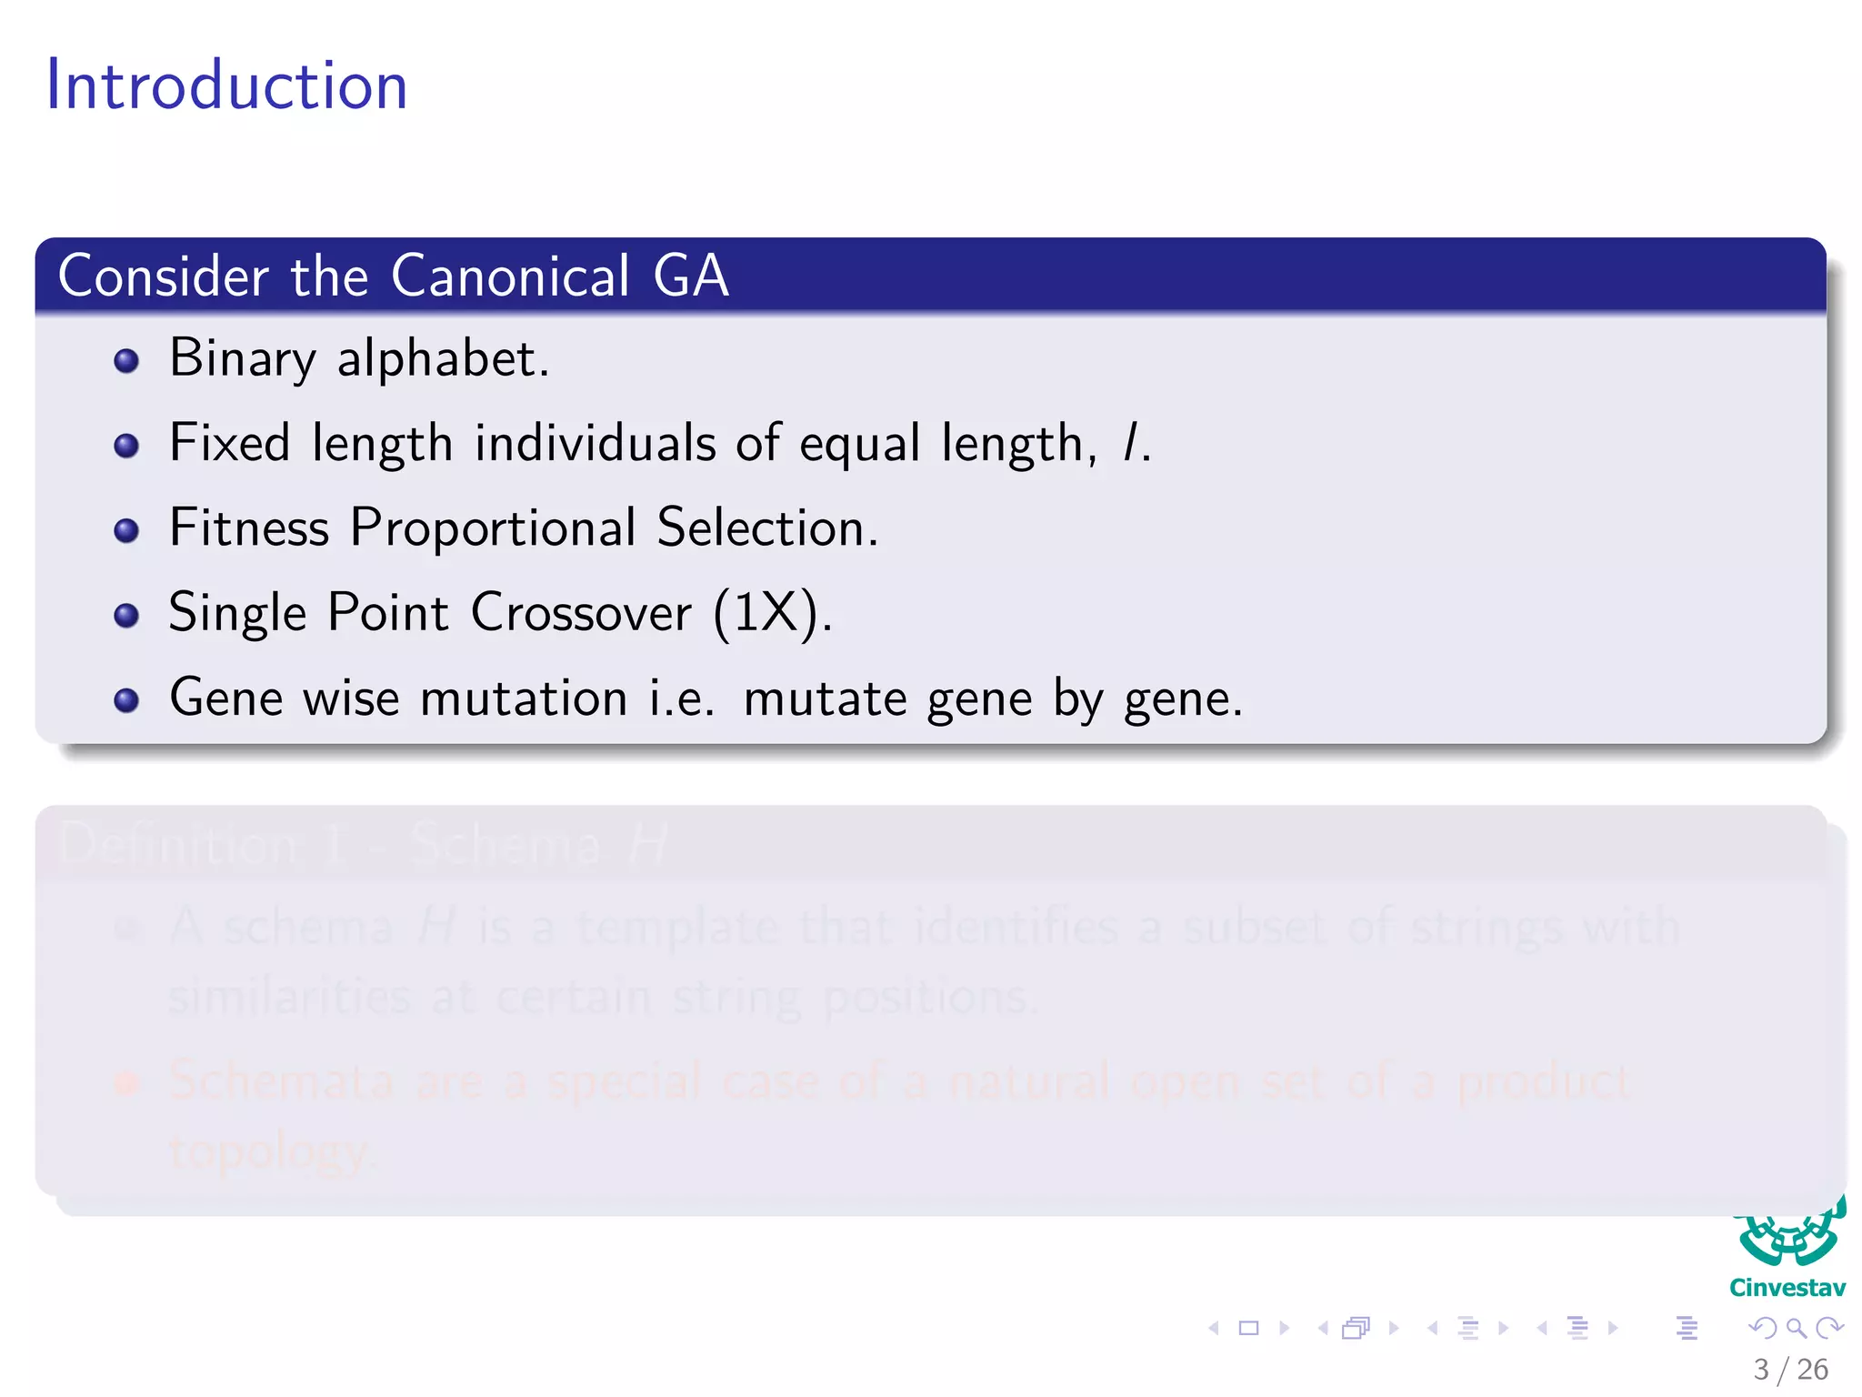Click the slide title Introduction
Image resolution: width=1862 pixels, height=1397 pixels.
click(226, 85)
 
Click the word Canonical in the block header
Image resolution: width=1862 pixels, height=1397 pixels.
click(510, 276)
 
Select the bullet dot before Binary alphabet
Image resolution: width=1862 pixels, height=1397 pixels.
click(126, 361)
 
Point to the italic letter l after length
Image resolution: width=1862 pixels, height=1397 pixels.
click(1131, 444)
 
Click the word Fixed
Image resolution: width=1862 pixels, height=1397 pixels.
click(230, 444)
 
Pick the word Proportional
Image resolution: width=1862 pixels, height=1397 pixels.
click(494, 528)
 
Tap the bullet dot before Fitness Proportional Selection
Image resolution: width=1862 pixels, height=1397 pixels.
click(126, 530)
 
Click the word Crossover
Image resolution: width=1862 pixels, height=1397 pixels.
click(581, 612)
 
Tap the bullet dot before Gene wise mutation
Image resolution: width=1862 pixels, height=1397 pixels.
click(126, 700)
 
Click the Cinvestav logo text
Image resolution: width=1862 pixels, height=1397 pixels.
click(1787, 1288)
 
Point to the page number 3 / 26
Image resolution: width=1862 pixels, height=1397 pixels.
click(1790, 1369)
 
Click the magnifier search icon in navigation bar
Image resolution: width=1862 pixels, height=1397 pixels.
click(1796, 1328)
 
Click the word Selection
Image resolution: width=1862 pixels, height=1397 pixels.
click(766, 528)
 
